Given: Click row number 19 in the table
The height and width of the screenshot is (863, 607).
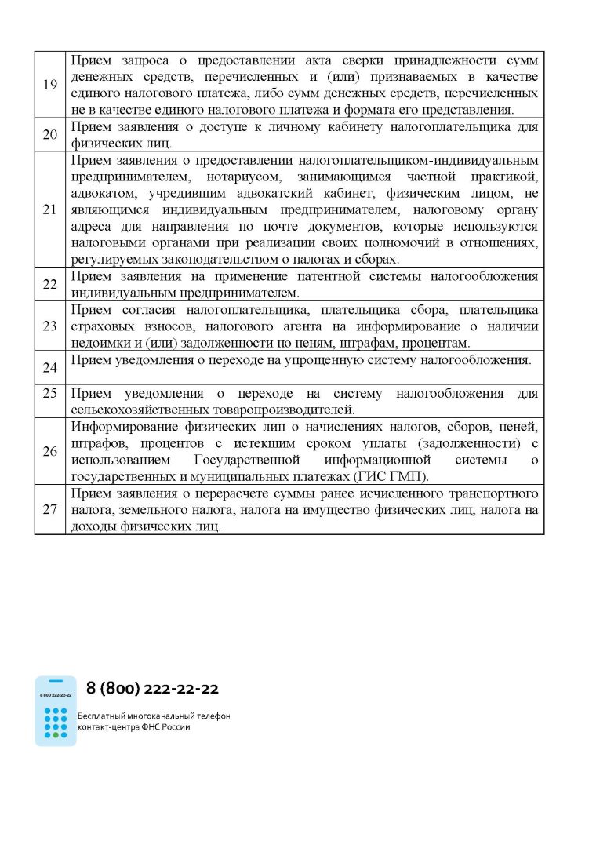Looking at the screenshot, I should tap(49, 85).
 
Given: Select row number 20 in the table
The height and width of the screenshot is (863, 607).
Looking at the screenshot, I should tap(49, 134).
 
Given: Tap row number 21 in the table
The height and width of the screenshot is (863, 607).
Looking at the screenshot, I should tap(49, 209).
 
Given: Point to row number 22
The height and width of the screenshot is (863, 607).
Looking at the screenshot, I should tap(49, 285).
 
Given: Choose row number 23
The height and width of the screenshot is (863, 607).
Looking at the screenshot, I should tap(49, 326).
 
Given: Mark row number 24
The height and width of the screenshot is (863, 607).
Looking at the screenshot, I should tap(49, 367).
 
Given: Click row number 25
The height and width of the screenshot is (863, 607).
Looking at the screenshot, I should tap(49, 393).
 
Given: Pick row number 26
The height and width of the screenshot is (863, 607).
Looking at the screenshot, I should tap(49, 451).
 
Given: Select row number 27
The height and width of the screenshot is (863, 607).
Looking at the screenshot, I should tap(49, 509).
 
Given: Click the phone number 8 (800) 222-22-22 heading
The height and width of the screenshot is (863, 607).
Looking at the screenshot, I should tap(152, 689).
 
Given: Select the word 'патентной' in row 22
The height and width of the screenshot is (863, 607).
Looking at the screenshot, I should tap(324, 276).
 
